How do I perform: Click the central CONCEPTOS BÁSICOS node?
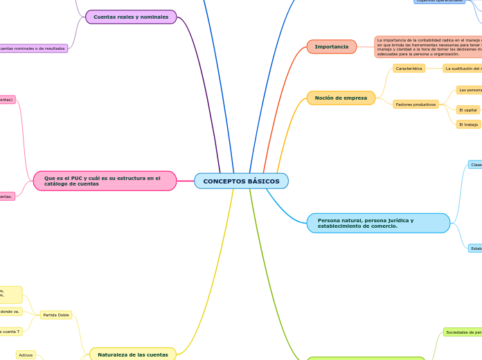(x=241, y=181)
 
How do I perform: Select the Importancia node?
(x=331, y=47)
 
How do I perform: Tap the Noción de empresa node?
(x=341, y=98)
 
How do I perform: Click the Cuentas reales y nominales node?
(x=131, y=17)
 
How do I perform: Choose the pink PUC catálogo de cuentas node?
(x=105, y=181)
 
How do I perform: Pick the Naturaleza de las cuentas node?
(x=132, y=354)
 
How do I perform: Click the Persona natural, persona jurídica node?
(x=378, y=223)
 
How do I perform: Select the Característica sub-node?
(x=409, y=69)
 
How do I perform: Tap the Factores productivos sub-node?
(x=415, y=105)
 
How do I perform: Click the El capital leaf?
(x=468, y=110)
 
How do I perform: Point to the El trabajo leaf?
(x=468, y=125)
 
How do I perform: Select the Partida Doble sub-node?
(x=55, y=315)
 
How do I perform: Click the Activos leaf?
(x=26, y=355)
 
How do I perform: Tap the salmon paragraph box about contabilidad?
(x=428, y=47)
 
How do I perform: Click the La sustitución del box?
(x=463, y=69)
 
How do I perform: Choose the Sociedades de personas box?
(x=463, y=332)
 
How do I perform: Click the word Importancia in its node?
(x=331, y=47)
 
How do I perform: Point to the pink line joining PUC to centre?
(x=186, y=181)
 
